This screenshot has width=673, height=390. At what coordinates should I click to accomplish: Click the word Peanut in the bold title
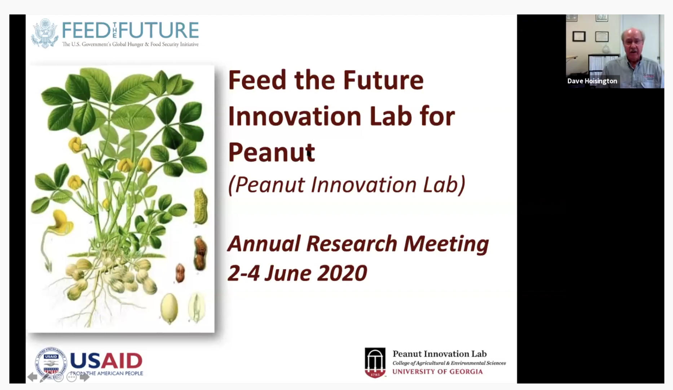[272, 152]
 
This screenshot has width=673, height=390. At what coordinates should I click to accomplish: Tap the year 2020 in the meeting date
[342, 273]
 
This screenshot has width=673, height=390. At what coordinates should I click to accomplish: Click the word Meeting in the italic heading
[446, 244]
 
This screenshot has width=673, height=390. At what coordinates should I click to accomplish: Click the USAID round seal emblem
[51, 363]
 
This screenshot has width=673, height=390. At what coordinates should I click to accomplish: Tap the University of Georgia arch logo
[375, 363]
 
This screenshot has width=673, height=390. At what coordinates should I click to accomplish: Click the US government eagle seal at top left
[45, 33]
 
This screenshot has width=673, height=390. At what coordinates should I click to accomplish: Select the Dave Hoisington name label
[592, 81]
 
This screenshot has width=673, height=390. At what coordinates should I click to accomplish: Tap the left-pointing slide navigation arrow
[32, 377]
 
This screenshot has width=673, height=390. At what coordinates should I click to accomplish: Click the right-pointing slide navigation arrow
[84, 377]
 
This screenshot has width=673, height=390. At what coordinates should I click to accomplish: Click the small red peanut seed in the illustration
[180, 272]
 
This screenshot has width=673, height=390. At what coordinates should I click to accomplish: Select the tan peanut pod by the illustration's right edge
[201, 206]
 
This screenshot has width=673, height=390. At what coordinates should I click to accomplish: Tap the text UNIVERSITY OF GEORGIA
[437, 372]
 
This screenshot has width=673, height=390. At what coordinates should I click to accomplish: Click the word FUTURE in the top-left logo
[159, 30]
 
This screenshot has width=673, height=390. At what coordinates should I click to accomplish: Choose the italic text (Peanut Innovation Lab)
[347, 185]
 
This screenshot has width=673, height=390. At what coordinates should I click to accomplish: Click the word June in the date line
[287, 273]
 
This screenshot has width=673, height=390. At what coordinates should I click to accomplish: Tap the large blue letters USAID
[106, 360]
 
